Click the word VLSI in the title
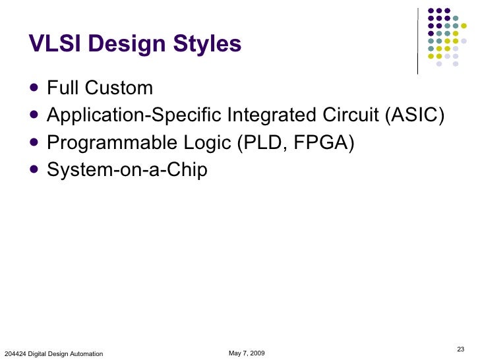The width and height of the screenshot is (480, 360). [55, 44]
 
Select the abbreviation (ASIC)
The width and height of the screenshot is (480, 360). [413, 115]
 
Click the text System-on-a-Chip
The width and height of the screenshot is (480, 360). [127, 170]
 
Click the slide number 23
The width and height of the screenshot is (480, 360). [460, 348]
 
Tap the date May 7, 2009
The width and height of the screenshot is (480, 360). [247, 353]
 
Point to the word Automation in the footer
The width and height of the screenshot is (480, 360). [85, 354]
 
